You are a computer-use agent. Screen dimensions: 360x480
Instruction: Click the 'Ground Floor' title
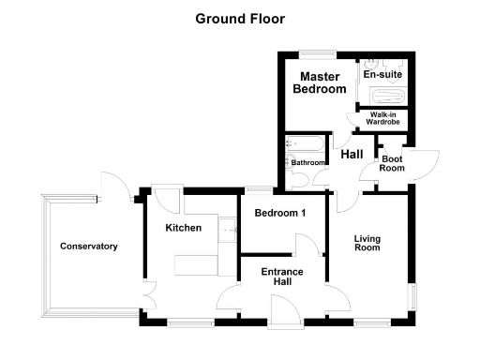240,18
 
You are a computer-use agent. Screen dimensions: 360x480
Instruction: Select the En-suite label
382,73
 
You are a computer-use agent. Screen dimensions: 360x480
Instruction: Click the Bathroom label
307,162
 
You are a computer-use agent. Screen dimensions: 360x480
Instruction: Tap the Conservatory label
89,247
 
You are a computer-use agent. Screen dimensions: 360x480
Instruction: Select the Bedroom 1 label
281,214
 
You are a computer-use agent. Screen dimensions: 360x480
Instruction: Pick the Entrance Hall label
280,277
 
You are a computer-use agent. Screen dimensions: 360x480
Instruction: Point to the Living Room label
367,243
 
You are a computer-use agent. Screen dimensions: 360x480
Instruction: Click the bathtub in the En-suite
385,97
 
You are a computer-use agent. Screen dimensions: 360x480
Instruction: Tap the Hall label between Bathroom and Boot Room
352,155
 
